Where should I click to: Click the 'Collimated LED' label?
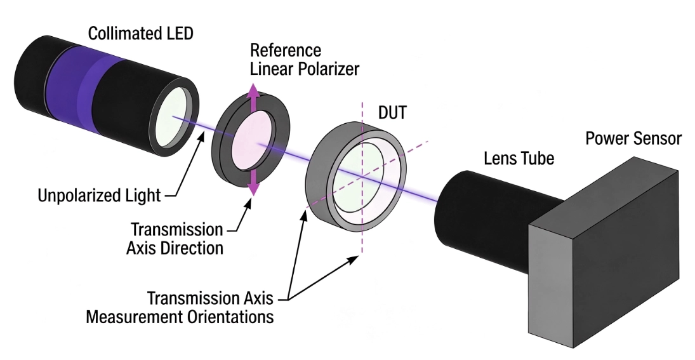tap(141, 33)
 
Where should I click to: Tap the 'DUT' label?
tap(392, 112)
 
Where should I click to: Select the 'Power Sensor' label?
tap(633, 139)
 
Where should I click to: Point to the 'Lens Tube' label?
tap(519, 158)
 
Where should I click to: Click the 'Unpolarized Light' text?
tap(99, 196)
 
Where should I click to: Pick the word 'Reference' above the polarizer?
tap(286, 51)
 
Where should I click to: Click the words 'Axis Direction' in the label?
tap(175, 248)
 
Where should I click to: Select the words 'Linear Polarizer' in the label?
tap(305, 69)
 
